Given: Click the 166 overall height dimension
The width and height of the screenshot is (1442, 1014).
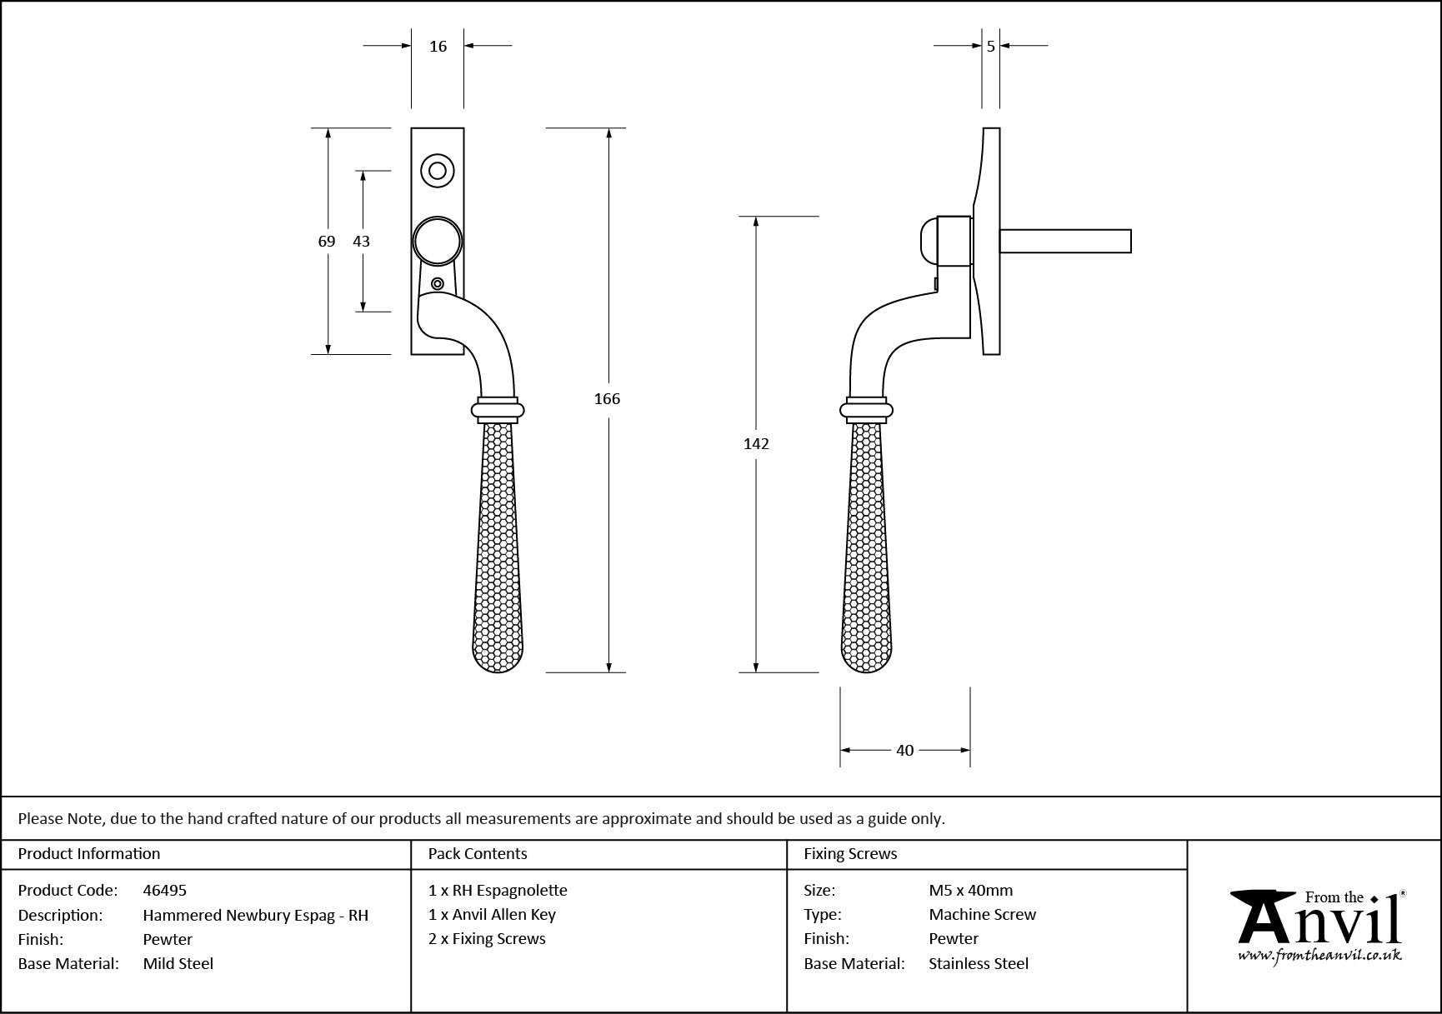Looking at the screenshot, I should (607, 399).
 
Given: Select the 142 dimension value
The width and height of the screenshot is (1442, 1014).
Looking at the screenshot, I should (756, 444).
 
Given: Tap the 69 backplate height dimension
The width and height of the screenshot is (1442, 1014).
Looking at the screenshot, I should (327, 242).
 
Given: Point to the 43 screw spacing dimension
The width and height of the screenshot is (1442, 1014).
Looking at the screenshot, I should (361, 242).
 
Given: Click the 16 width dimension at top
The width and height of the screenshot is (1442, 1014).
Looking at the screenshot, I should (438, 47).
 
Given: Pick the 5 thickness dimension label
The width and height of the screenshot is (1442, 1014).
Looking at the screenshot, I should (991, 47).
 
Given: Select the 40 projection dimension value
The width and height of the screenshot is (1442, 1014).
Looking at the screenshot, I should (905, 751).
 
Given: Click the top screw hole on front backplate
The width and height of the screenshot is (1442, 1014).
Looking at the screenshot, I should (437, 171).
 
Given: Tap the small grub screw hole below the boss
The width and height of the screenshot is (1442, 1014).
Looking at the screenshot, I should (438, 284).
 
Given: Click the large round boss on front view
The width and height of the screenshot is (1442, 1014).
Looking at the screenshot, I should (438, 241).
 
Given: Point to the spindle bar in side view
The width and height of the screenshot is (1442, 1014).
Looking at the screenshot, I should (1065, 241).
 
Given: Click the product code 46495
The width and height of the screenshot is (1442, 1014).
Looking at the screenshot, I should (165, 890).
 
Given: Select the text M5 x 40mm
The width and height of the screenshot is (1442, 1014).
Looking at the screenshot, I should (971, 890).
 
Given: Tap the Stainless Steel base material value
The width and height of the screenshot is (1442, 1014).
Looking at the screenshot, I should (979, 963).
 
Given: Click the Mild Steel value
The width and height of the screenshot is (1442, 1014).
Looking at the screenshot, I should (178, 963).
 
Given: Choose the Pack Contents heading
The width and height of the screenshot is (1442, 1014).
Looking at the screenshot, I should (478, 854).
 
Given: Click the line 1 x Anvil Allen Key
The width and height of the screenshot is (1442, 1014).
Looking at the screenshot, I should (492, 914).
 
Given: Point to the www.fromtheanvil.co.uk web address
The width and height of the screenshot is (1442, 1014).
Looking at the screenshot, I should (1319, 957).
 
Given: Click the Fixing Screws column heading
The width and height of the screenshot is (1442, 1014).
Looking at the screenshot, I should (850, 854).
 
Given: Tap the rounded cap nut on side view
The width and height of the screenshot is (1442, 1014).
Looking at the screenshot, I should (928, 242).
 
